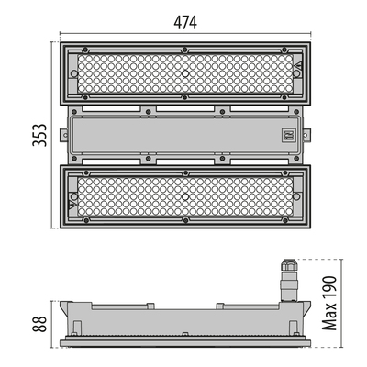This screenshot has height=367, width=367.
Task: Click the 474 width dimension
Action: tap(183, 22)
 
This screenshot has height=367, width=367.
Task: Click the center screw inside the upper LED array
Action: tap(184, 71)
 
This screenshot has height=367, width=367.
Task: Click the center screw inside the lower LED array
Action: tap(184, 197)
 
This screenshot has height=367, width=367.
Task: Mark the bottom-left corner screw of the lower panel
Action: tap(85, 220)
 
